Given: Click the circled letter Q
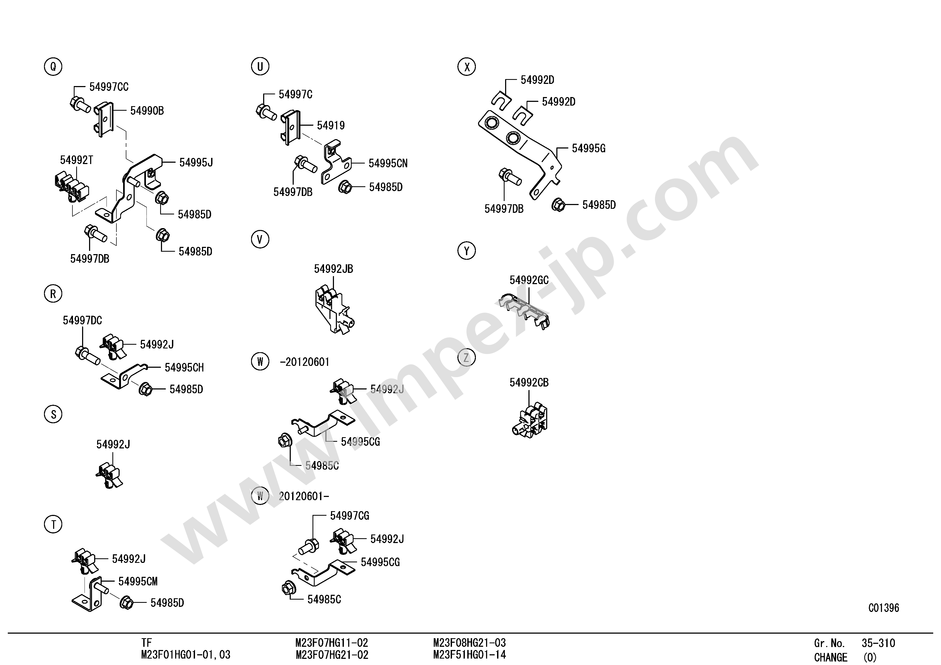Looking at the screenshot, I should (53, 66).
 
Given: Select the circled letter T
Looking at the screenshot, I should (53, 525).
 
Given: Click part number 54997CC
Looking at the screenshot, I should (109, 87).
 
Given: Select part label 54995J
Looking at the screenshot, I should (196, 163).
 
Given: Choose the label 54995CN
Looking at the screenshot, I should (388, 164).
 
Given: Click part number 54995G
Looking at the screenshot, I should (589, 148).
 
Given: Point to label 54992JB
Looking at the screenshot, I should (333, 269).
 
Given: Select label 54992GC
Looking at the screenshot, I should (529, 280).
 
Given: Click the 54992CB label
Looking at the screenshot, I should (529, 382).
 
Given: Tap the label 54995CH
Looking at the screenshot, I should (184, 367).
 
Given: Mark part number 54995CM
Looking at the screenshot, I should (138, 581).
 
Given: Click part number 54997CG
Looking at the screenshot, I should (350, 516).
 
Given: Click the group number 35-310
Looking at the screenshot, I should (878, 643).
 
